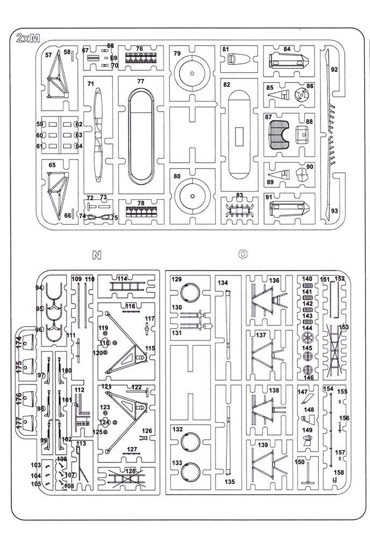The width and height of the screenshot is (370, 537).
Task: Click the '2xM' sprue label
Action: (28, 38)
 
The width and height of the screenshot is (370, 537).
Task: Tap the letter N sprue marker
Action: (97, 255)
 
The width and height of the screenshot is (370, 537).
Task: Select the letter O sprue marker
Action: (243, 254)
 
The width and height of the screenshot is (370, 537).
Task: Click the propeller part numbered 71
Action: (98, 134)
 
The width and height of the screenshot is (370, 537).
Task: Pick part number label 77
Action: (140, 81)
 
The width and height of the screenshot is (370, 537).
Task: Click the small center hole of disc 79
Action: (192, 73)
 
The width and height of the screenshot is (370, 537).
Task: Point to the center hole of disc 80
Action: (193, 196)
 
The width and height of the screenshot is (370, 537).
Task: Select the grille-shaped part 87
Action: (279, 135)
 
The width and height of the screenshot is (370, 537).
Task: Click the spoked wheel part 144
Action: (308, 338)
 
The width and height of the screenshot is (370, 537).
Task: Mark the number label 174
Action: (19, 343)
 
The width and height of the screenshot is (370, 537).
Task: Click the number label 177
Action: (19, 422)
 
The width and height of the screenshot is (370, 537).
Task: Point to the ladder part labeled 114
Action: (127, 286)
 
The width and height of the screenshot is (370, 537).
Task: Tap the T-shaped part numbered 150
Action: (308, 474)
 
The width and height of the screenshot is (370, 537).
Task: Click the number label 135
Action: (230, 482)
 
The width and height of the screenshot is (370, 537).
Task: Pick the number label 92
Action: (335, 69)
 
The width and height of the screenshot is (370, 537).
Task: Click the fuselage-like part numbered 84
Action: (289, 61)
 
